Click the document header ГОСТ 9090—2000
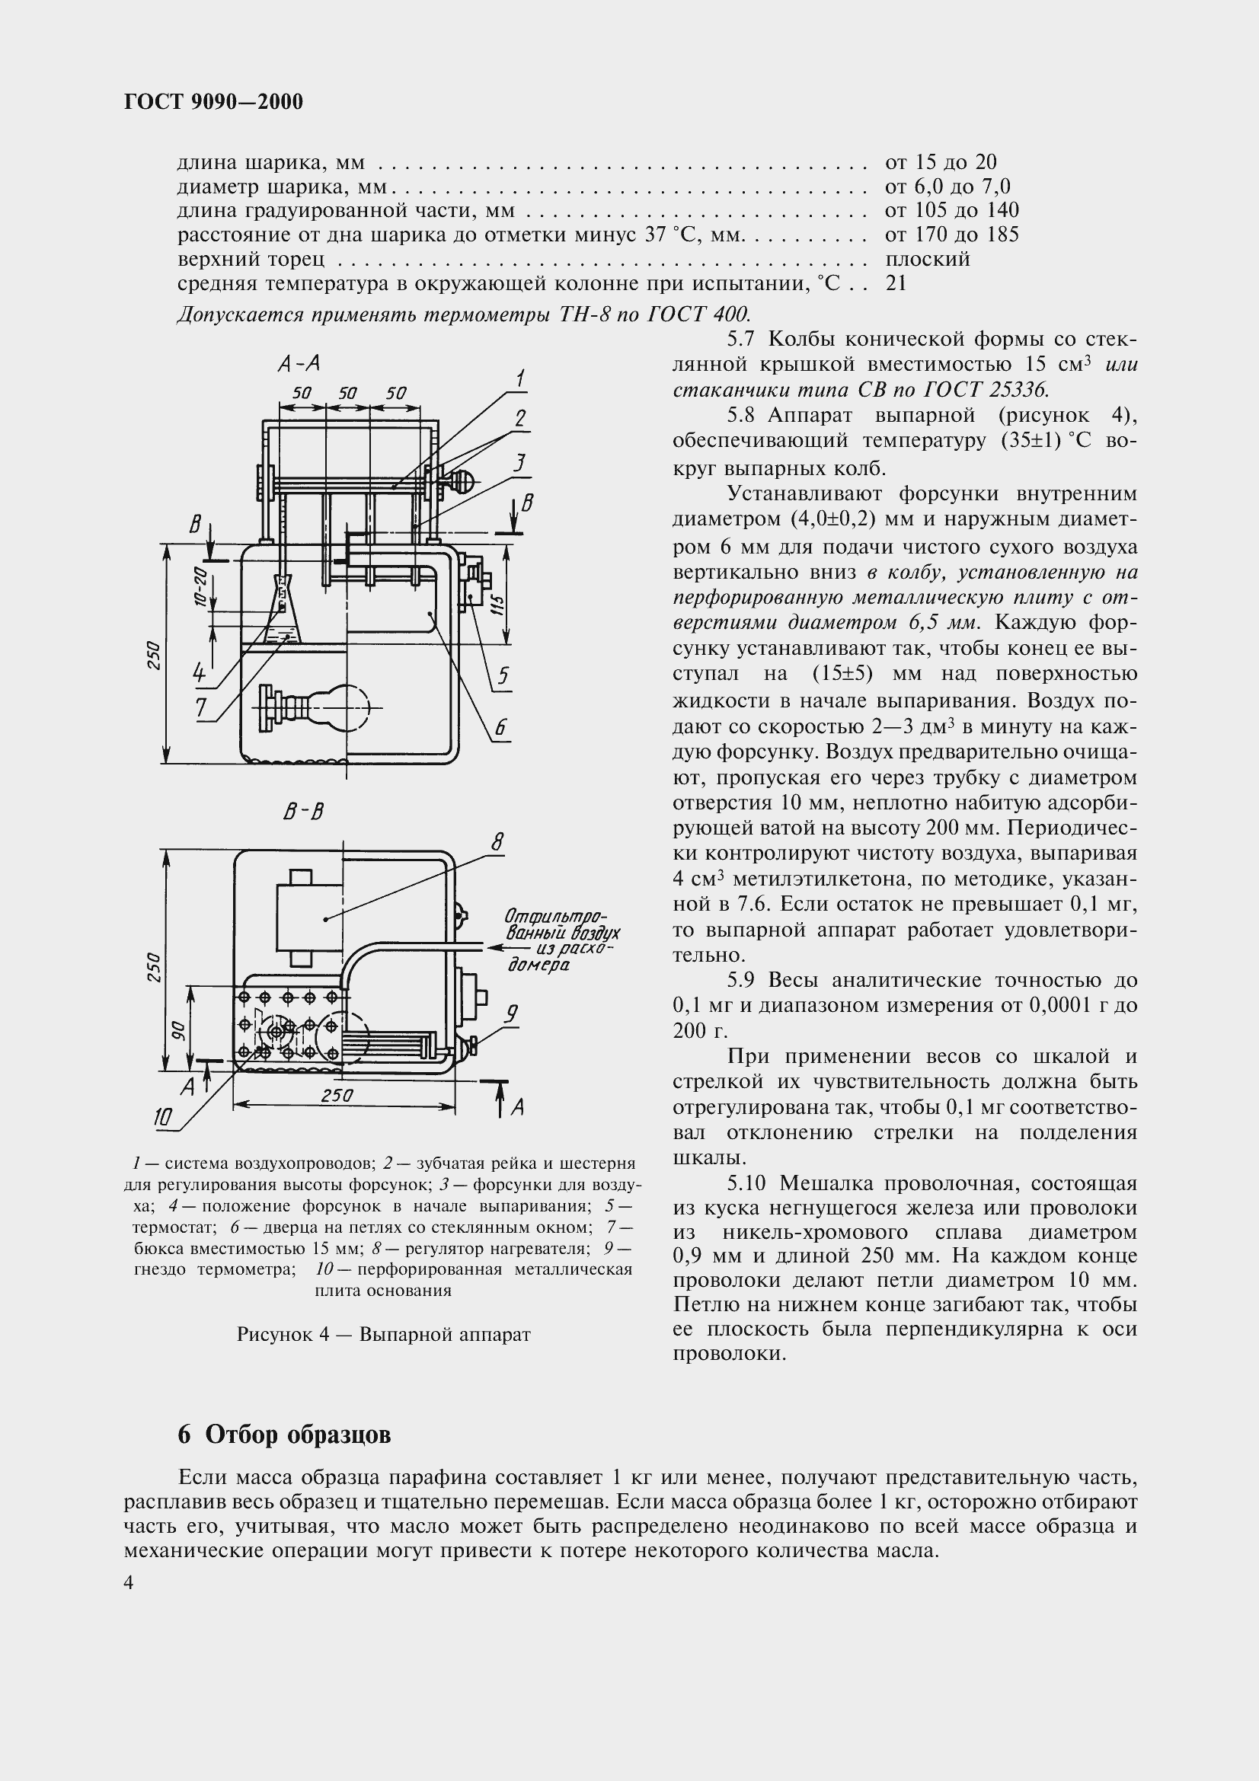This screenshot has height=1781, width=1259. pos(213,101)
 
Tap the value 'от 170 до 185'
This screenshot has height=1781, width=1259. pos(951,235)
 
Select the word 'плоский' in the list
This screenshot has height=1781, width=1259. pos(927,259)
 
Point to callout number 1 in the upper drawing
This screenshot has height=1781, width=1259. pos(520,378)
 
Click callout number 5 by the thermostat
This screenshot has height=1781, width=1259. pos(503,676)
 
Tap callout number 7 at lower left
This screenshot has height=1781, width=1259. pos(201,707)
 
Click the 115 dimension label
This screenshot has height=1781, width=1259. pos(498,605)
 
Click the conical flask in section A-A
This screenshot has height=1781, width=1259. pos(283,611)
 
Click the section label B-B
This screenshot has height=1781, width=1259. pos(303,812)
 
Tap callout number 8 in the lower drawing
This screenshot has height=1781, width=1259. pos(497,842)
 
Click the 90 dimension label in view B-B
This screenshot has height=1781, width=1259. pos(177,1029)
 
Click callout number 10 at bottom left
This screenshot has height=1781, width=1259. pos(163,1117)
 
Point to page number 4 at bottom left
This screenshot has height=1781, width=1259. pos(129,1583)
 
